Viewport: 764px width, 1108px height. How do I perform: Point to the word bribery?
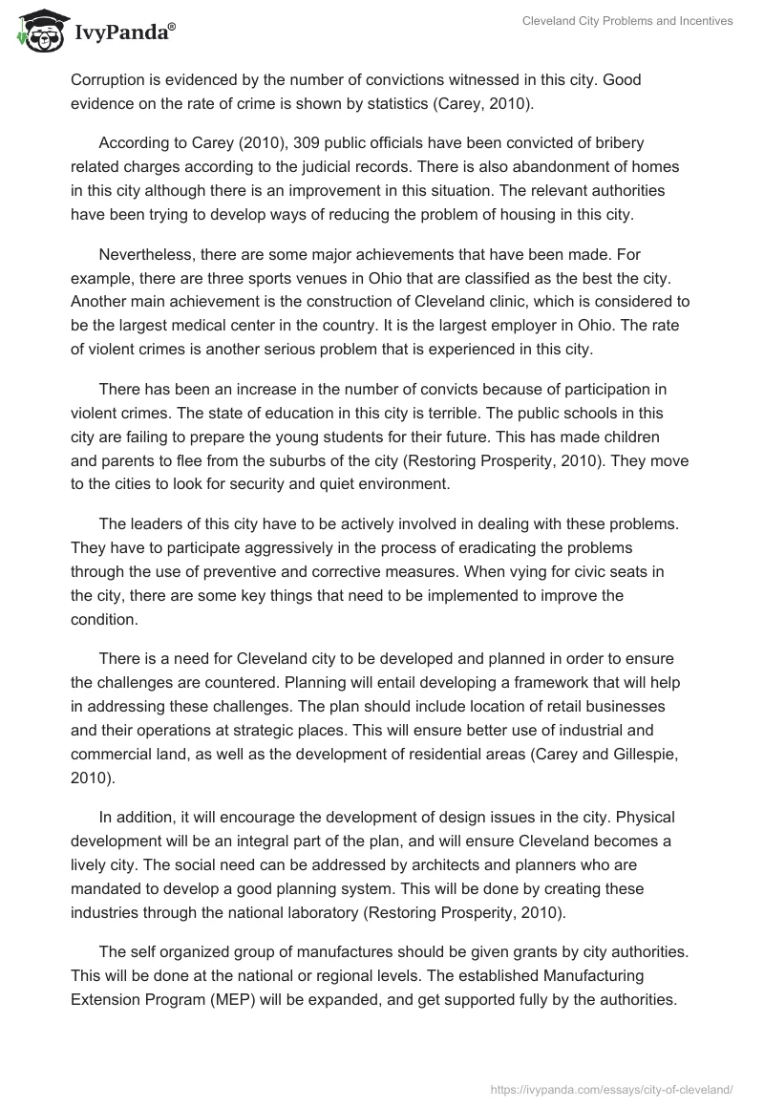[617, 143]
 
